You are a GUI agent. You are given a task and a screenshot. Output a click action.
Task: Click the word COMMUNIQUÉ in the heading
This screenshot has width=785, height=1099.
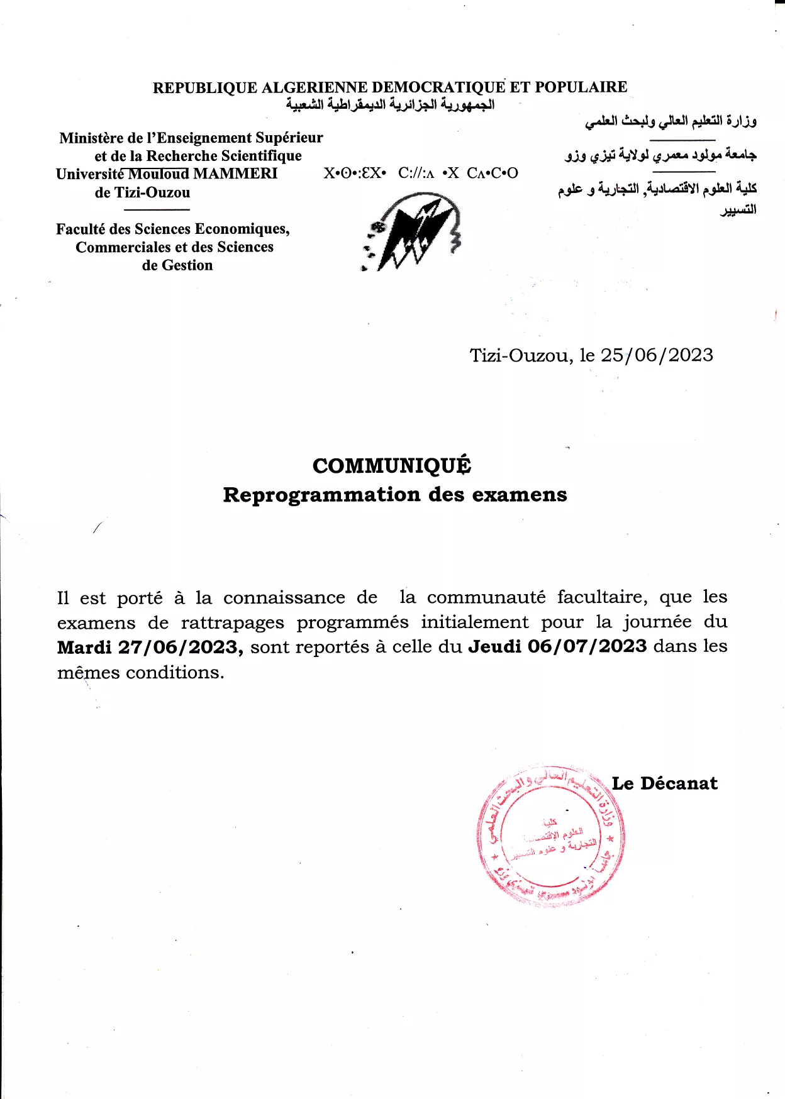coord(391,466)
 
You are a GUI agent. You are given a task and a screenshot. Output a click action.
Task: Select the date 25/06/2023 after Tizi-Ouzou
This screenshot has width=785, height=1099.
coord(657,355)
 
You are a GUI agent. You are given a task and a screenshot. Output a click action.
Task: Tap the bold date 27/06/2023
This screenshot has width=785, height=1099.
coord(181,647)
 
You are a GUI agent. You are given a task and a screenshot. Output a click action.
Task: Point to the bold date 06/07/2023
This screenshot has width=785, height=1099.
coord(587,646)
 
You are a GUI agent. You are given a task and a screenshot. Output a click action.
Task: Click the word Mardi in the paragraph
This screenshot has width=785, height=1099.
coord(84,647)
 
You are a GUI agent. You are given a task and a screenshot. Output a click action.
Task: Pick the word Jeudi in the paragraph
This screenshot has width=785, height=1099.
coord(495,646)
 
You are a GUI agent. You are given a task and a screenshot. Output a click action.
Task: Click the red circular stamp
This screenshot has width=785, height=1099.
coord(550,836)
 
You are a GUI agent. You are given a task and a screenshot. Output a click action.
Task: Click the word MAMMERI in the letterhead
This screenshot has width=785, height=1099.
coord(235,174)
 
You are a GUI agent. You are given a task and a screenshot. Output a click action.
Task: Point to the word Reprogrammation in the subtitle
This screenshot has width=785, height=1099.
coord(322,495)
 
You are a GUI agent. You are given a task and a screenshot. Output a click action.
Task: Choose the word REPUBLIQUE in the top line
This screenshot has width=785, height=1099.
coord(205,87)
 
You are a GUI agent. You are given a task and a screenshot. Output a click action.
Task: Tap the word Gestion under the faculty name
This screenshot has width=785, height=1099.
coord(187,265)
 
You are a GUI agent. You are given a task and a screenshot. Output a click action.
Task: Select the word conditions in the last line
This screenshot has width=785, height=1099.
coord(174,673)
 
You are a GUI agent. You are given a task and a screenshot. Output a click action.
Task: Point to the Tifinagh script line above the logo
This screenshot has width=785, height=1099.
coord(420,174)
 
